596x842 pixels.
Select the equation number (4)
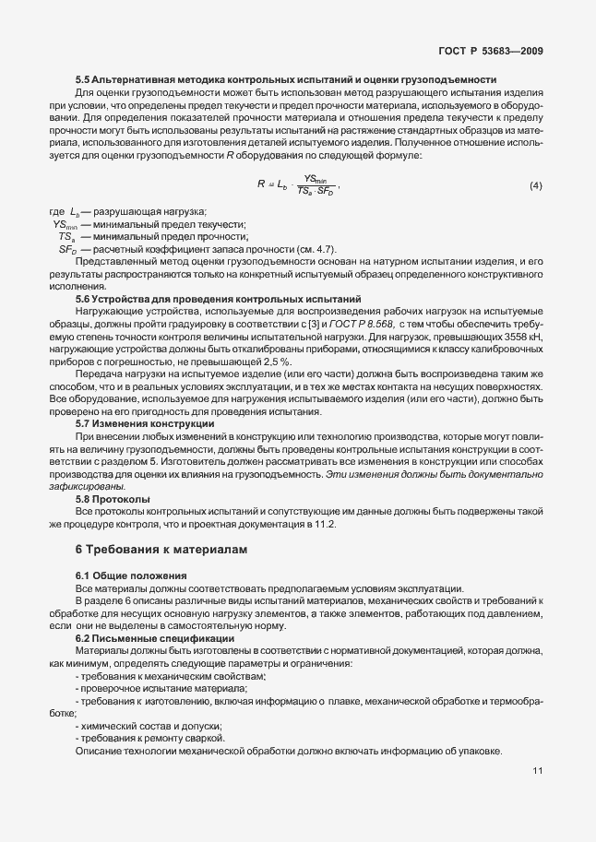(535, 186)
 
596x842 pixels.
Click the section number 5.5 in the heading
(83, 80)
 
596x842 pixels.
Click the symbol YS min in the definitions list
(66, 224)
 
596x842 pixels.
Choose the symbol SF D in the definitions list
(67, 250)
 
